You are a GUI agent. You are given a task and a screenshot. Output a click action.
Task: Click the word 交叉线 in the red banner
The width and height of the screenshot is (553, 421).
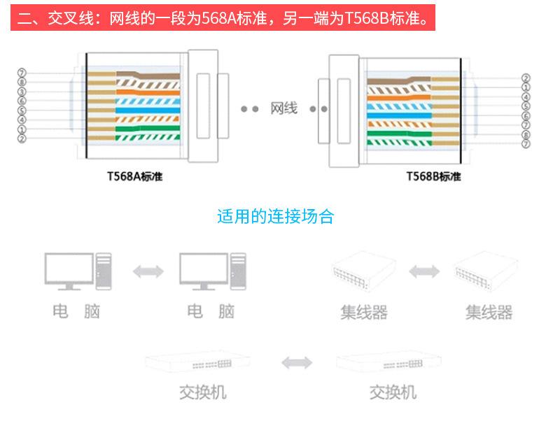click(x=66, y=17)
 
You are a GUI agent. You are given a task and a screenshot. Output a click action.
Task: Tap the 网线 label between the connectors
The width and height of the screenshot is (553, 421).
click(x=284, y=108)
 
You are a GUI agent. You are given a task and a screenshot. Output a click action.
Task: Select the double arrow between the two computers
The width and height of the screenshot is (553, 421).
click(x=148, y=271)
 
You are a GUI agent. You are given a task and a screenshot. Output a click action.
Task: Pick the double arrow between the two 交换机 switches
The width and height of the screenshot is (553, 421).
click(x=297, y=363)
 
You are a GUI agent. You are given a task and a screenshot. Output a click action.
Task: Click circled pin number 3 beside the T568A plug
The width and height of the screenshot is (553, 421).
click(x=22, y=92)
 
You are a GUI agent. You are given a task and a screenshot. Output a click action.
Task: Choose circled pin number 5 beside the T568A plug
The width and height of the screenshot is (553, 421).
click(x=22, y=110)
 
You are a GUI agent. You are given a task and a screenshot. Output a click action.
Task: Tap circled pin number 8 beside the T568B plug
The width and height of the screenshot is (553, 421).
click(x=526, y=134)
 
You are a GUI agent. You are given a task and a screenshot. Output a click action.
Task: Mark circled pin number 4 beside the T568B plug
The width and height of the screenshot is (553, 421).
click(x=526, y=97)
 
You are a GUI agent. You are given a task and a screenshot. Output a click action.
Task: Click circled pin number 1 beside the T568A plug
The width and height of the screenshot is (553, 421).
click(x=22, y=129)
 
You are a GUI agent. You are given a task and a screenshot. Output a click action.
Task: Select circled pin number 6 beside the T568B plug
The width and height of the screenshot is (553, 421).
click(x=526, y=115)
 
